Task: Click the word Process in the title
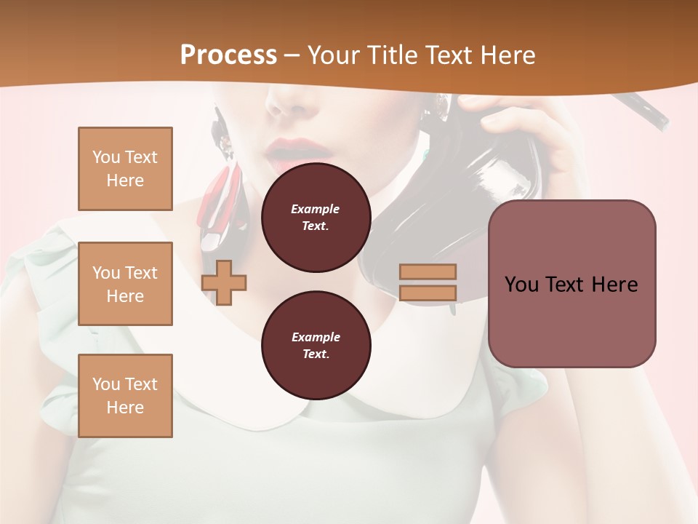(x=228, y=55)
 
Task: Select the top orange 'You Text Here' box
(x=125, y=169)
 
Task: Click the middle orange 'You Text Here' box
(x=125, y=284)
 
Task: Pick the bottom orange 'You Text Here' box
(x=125, y=396)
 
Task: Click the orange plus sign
(x=224, y=282)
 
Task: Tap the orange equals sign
(x=428, y=282)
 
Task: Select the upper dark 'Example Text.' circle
(x=316, y=218)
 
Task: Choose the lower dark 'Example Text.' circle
(x=316, y=346)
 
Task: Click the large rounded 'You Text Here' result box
(x=571, y=283)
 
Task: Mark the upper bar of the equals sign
(x=428, y=272)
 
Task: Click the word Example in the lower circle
(x=316, y=337)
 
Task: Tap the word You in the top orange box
(x=105, y=157)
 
